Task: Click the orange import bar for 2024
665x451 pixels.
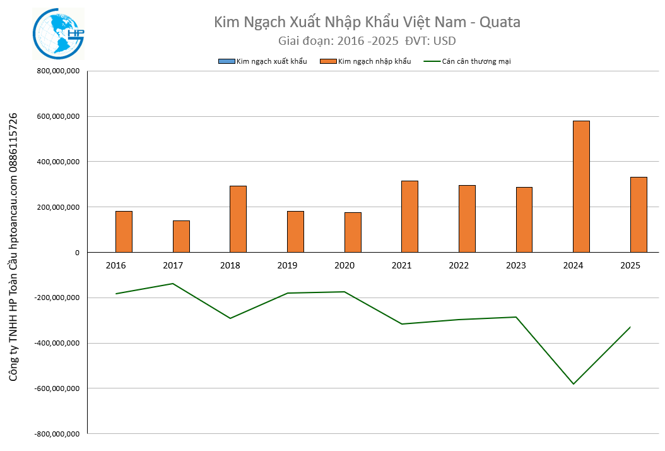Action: pyautogui.click(x=581, y=186)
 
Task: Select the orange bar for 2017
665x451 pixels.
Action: pyautogui.click(x=181, y=236)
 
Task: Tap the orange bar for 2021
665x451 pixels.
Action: pyautogui.click(x=409, y=216)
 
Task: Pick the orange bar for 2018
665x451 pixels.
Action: pyautogui.click(x=238, y=219)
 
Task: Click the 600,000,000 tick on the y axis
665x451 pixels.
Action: pyautogui.click(x=57, y=116)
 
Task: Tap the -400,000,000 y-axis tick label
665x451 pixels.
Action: pyautogui.click(x=56, y=343)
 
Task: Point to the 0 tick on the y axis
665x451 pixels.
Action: pyautogui.click(x=76, y=252)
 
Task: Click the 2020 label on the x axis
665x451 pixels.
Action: pyautogui.click(x=344, y=265)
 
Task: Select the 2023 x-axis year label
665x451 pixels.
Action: pyautogui.click(x=516, y=265)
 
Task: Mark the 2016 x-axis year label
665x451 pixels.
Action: pyautogui.click(x=115, y=265)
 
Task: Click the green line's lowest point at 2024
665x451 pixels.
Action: pyautogui.click(x=574, y=383)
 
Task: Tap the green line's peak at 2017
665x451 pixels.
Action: pyautogui.click(x=173, y=284)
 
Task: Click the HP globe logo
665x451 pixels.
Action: pyautogui.click(x=58, y=34)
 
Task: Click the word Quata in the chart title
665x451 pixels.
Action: pyautogui.click(x=500, y=22)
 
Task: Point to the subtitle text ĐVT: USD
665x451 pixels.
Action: pyautogui.click(x=430, y=41)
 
